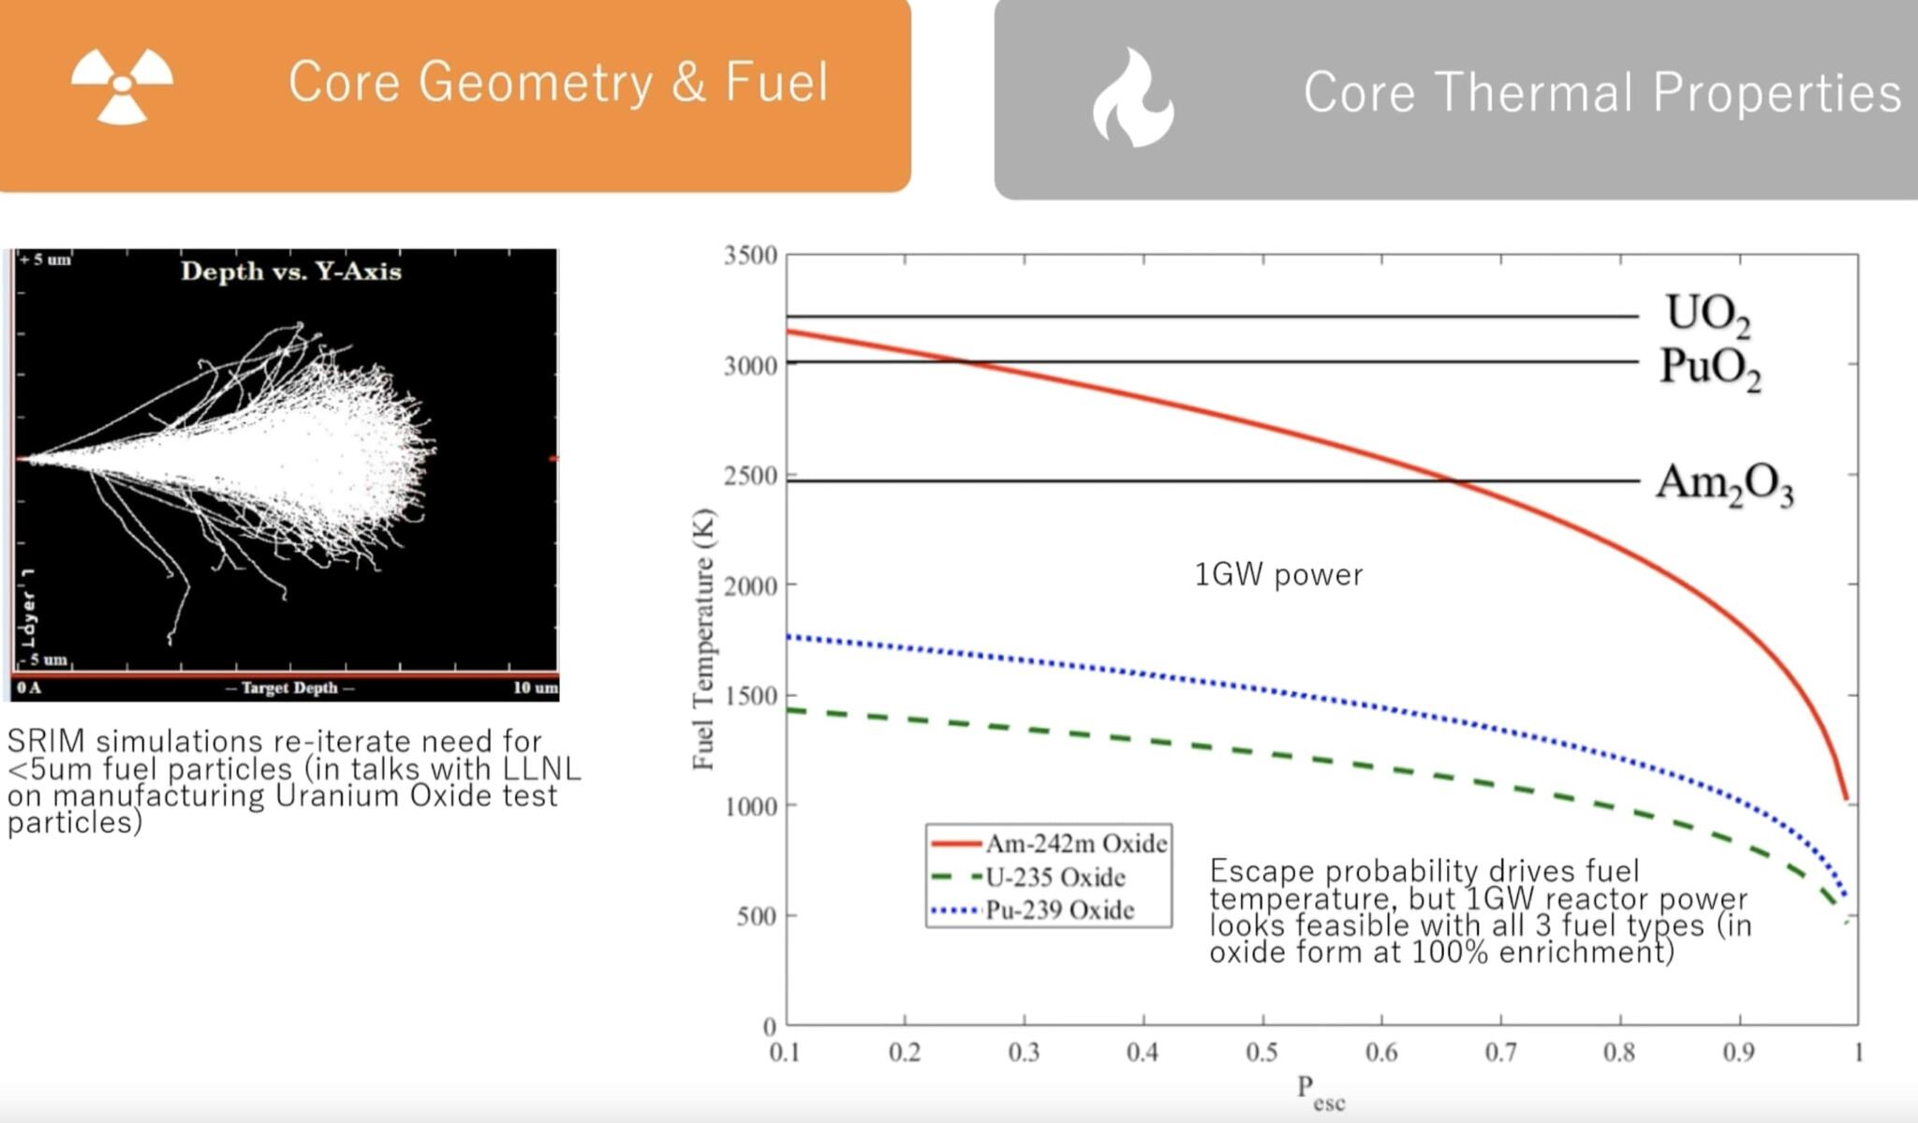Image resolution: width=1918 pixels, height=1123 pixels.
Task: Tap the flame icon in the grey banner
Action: (1132, 97)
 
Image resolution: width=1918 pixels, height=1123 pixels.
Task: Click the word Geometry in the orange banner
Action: (535, 81)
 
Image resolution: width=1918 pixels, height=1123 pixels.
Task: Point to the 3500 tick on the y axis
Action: (750, 256)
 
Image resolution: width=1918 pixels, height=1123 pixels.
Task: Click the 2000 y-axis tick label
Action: (750, 586)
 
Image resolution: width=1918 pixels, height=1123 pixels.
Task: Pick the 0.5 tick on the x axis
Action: (1261, 1053)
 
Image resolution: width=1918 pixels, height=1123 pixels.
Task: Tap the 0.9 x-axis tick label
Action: (1739, 1053)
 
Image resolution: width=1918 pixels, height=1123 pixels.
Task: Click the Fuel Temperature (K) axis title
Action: (703, 639)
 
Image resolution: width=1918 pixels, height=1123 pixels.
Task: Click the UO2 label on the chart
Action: (1707, 314)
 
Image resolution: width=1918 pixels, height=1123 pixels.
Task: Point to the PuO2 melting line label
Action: (1710, 367)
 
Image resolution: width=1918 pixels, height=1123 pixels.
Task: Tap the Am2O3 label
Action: (1724, 484)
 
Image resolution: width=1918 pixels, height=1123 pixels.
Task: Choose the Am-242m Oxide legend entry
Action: (1075, 844)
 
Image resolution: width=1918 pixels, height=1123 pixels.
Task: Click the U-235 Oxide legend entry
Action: (1055, 878)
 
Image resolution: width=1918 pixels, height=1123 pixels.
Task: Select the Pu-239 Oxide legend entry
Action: (1059, 910)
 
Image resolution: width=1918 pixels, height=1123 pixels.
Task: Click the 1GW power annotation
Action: (1278, 574)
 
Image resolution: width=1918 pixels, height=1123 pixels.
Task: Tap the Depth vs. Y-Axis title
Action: (290, 272)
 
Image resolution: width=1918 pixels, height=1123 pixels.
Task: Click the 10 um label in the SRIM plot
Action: (535, 688)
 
